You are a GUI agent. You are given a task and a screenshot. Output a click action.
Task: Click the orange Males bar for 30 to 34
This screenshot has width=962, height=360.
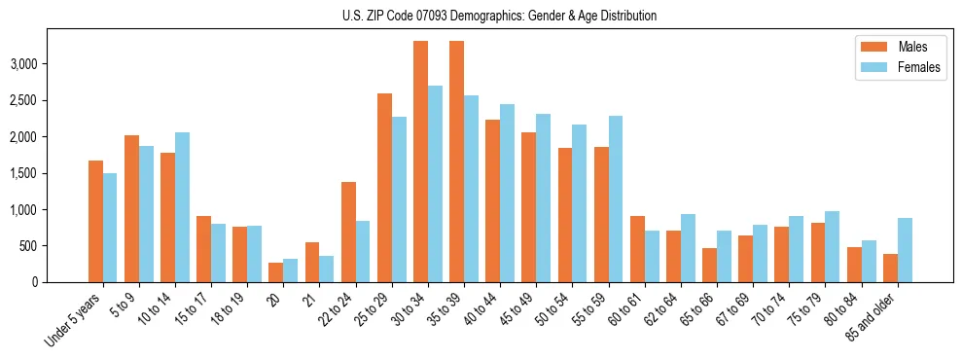(420, 162)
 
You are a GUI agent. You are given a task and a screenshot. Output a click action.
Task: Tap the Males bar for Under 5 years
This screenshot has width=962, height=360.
(95, 222)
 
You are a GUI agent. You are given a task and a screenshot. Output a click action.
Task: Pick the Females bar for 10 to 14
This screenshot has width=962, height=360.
(183, 207)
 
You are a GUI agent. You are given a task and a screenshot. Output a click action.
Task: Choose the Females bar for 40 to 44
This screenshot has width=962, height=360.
(508, 194)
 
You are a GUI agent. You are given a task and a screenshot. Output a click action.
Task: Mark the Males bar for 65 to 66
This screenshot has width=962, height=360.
(710, 266)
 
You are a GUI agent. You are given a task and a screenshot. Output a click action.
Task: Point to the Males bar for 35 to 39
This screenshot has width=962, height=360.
(456, 162)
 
